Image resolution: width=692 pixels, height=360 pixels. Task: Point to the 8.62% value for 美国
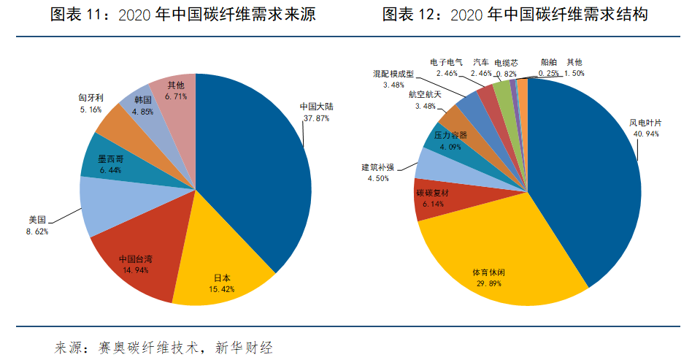click(36, 231)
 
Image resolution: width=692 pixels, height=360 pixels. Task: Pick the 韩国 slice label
click(142, 100)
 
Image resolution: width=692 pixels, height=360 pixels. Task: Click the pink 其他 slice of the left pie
click(175, 91)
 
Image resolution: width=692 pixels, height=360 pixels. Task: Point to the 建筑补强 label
click(379, 167)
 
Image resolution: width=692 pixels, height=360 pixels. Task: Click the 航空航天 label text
click(425, 95)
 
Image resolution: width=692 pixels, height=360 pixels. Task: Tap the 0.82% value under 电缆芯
click(506, 74)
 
